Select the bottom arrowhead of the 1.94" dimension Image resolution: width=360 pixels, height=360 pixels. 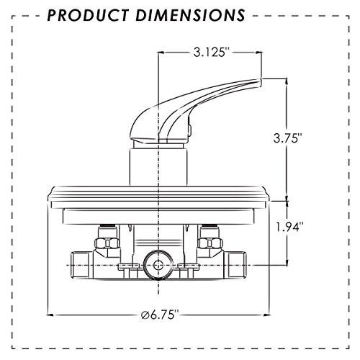click(287, 264)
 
